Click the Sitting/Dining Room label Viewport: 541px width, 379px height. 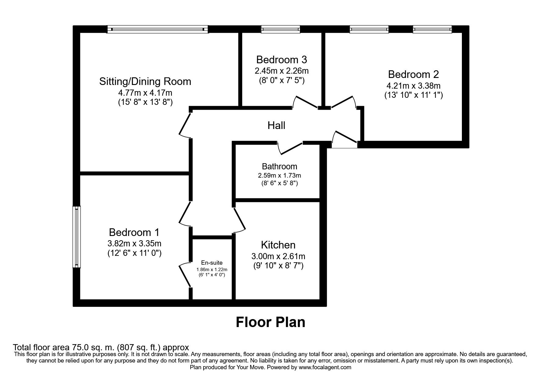[x=145, y=81]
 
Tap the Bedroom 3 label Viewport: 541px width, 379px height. [x=281, y=59]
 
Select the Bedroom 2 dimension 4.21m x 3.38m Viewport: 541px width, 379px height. [x=413, y=86]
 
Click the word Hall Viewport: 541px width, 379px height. [x=276, y=125]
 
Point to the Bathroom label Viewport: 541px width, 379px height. [x=279, y=166]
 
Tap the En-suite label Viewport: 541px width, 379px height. [x=212, y=263]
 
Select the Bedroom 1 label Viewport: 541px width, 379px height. [x=134, y=233]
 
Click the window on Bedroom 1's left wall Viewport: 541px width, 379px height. [x=76, y=237]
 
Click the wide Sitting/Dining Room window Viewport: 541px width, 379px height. [x=157, y=29]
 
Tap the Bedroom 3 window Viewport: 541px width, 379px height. [x=280, y=29]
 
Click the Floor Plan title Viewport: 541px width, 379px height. [x=270, y=322]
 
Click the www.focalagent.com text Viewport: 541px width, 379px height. [x=325, y=367]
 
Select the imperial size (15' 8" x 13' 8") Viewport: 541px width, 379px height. [x=145, y=102]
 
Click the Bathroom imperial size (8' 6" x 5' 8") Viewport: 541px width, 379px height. [x=279, y=183]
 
